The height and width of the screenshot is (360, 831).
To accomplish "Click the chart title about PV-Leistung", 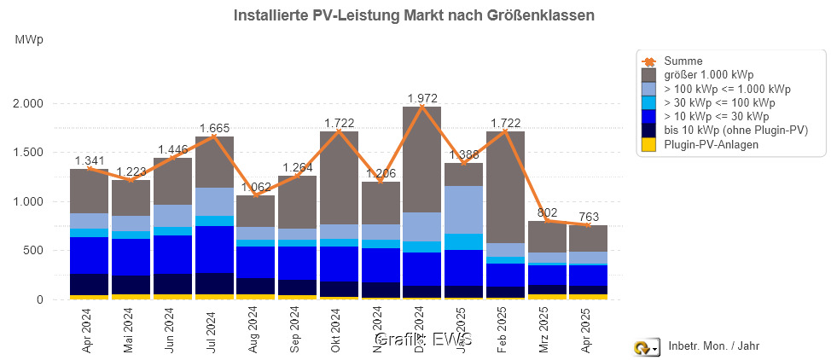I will (x=414, y=15).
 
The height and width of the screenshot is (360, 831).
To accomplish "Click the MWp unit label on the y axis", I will (x=29, y=40).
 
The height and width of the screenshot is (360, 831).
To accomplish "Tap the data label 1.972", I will (x=421, y=98).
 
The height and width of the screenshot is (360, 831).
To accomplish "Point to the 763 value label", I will (x=589, y=216).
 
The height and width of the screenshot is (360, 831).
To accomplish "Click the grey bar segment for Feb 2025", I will (x=505, y=187).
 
